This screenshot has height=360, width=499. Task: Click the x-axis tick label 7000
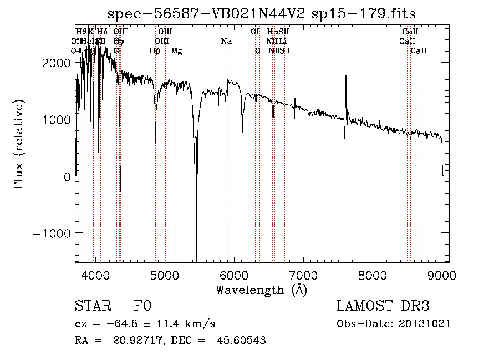point(303,275)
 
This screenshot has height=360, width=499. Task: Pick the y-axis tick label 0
point(67,176)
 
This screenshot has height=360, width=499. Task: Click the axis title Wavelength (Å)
point(261,290)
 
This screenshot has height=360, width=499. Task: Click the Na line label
point(226,42)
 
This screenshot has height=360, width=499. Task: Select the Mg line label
point(176,51)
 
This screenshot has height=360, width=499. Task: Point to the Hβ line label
point(155,51)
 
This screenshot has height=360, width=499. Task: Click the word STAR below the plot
point(91,307)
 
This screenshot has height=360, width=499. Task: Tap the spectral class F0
point(142,307)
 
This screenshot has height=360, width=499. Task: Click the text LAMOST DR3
point(383,307)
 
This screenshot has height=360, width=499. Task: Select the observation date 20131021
point(425,324)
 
